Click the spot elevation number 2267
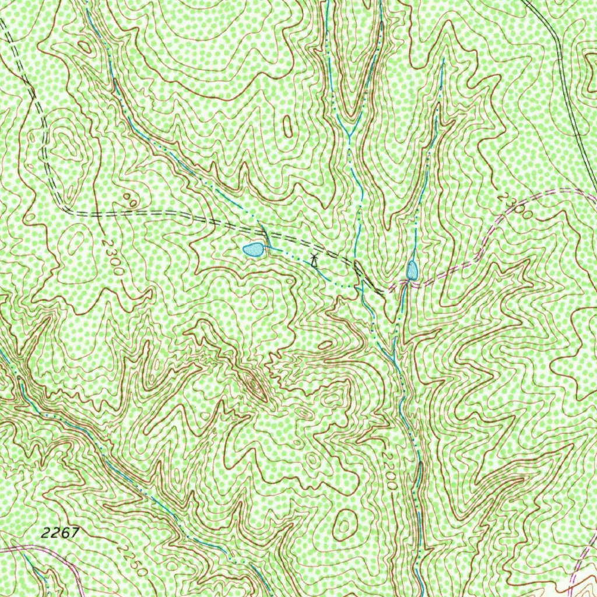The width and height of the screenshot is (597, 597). pyautogui.click(x=60, y=532)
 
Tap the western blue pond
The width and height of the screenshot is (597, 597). pyautogui.click(x=253, y=250)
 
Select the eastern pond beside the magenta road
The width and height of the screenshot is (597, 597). pyautogui.click(x=412, y=270)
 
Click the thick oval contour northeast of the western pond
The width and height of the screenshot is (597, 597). pyautogui.click(x=287, y=126)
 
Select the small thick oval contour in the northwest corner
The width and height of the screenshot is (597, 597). pyautogui.click(x=85, y=47)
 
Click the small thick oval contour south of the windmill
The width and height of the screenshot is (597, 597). pyautogui.click(x=325, y=345)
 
